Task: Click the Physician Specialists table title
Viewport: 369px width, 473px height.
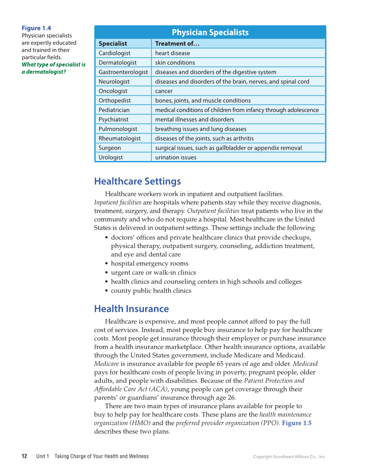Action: pyautogui.click(x=210, y=33)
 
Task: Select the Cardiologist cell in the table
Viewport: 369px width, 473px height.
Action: pyautogui.click(x=114, y=53)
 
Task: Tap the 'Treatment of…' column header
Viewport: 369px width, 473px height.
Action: pyautogui.click(x=177, y=44)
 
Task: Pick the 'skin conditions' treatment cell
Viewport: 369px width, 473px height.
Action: pyautogui.click(x=175, y=63)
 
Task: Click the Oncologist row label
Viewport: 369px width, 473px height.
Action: pyautogui.click(x=113, y=91)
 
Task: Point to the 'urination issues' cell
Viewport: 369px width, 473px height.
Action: pyautogui.click(x=176, y=158)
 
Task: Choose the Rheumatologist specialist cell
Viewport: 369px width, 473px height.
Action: pyautogui.click(x=120, y=138)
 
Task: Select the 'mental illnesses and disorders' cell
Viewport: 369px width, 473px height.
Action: pyautogui.click(x=195, y=119)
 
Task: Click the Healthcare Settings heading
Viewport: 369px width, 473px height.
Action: pyautogui.click(x=137, y=181)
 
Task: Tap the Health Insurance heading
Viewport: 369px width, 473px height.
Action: pyautogui.click(x=131, y=309)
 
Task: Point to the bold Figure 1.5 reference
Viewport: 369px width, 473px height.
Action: pyautogui.click(x=297, y=423)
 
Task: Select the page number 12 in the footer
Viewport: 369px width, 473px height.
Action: pyautogui.click(x=25, y=456)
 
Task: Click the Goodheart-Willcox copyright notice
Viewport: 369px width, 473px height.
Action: pyautogui.click(x=289, y=456)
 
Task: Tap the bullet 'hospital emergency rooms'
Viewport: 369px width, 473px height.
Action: pyautogui.click(x=150, y=263)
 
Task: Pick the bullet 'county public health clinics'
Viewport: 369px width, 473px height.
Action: pyautogui.click(x=151, y=291)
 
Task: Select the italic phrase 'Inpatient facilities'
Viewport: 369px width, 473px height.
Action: pyautogui.click(x=117, y=202)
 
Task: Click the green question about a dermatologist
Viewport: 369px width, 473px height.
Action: pyautogui.click(x=53, y=68)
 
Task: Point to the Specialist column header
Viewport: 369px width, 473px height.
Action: pyautogui.click(x=113, y=44)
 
